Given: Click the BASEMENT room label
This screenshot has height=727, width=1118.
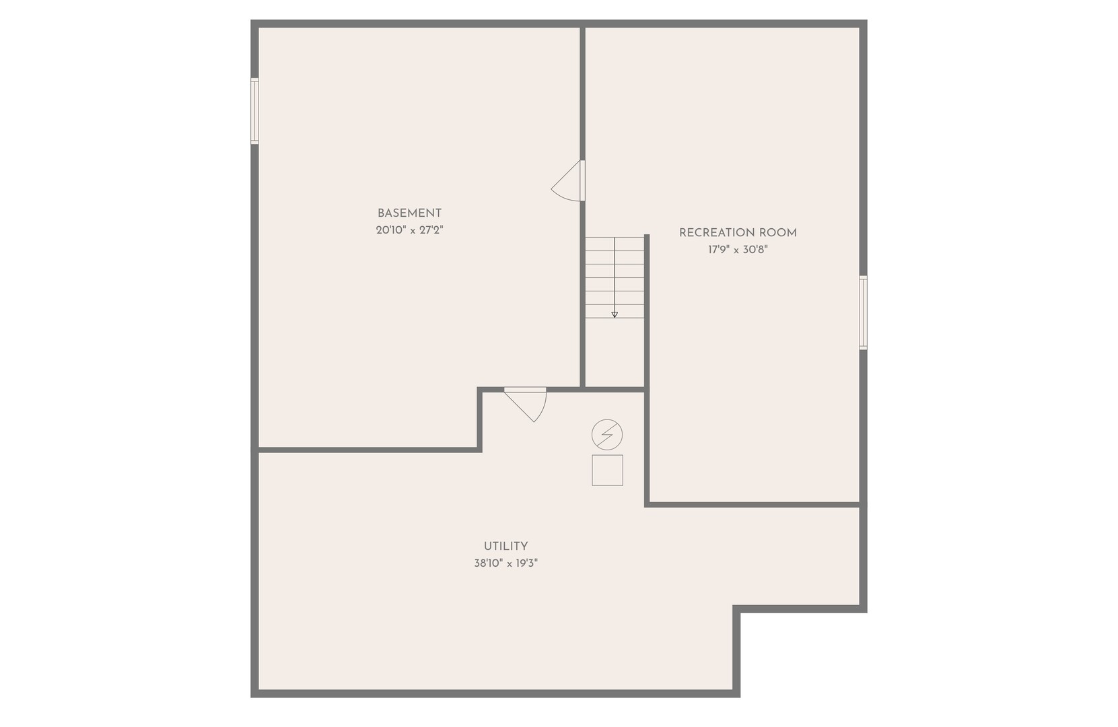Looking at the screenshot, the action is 409,213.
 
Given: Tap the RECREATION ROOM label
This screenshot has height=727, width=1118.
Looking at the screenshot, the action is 738,233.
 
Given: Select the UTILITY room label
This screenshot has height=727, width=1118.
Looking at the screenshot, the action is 505,546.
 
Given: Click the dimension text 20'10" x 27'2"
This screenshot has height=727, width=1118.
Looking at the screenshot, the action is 409,230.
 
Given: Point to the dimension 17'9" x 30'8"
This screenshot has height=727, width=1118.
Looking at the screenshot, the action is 738,250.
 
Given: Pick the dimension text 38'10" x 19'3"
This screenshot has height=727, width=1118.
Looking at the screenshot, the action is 505,563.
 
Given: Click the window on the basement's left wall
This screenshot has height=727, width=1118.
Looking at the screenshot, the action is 254,111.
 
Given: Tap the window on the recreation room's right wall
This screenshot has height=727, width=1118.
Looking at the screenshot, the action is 863,312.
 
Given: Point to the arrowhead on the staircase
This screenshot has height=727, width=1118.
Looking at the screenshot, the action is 615,315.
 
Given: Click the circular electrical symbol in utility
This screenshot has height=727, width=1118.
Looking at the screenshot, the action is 607,434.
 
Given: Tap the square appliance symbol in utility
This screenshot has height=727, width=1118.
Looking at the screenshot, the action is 607,471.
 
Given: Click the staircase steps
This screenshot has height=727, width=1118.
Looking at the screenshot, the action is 615,277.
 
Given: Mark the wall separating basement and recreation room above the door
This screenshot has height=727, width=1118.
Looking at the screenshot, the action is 582,94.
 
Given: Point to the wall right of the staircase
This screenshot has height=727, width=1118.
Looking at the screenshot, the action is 647,370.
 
